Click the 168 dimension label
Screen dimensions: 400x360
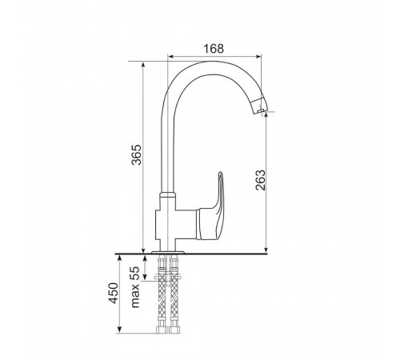(x=214, y=49)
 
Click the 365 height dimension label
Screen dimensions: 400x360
(x=137, y=154)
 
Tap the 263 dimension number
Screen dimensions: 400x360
(x=261, y=180)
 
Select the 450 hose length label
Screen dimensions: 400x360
(x=113, y=293)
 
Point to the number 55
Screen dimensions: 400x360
(x=136, y=273)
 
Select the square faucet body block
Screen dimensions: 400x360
(x=175, y=225)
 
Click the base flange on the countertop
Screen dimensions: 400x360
(x=168, y=252)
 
